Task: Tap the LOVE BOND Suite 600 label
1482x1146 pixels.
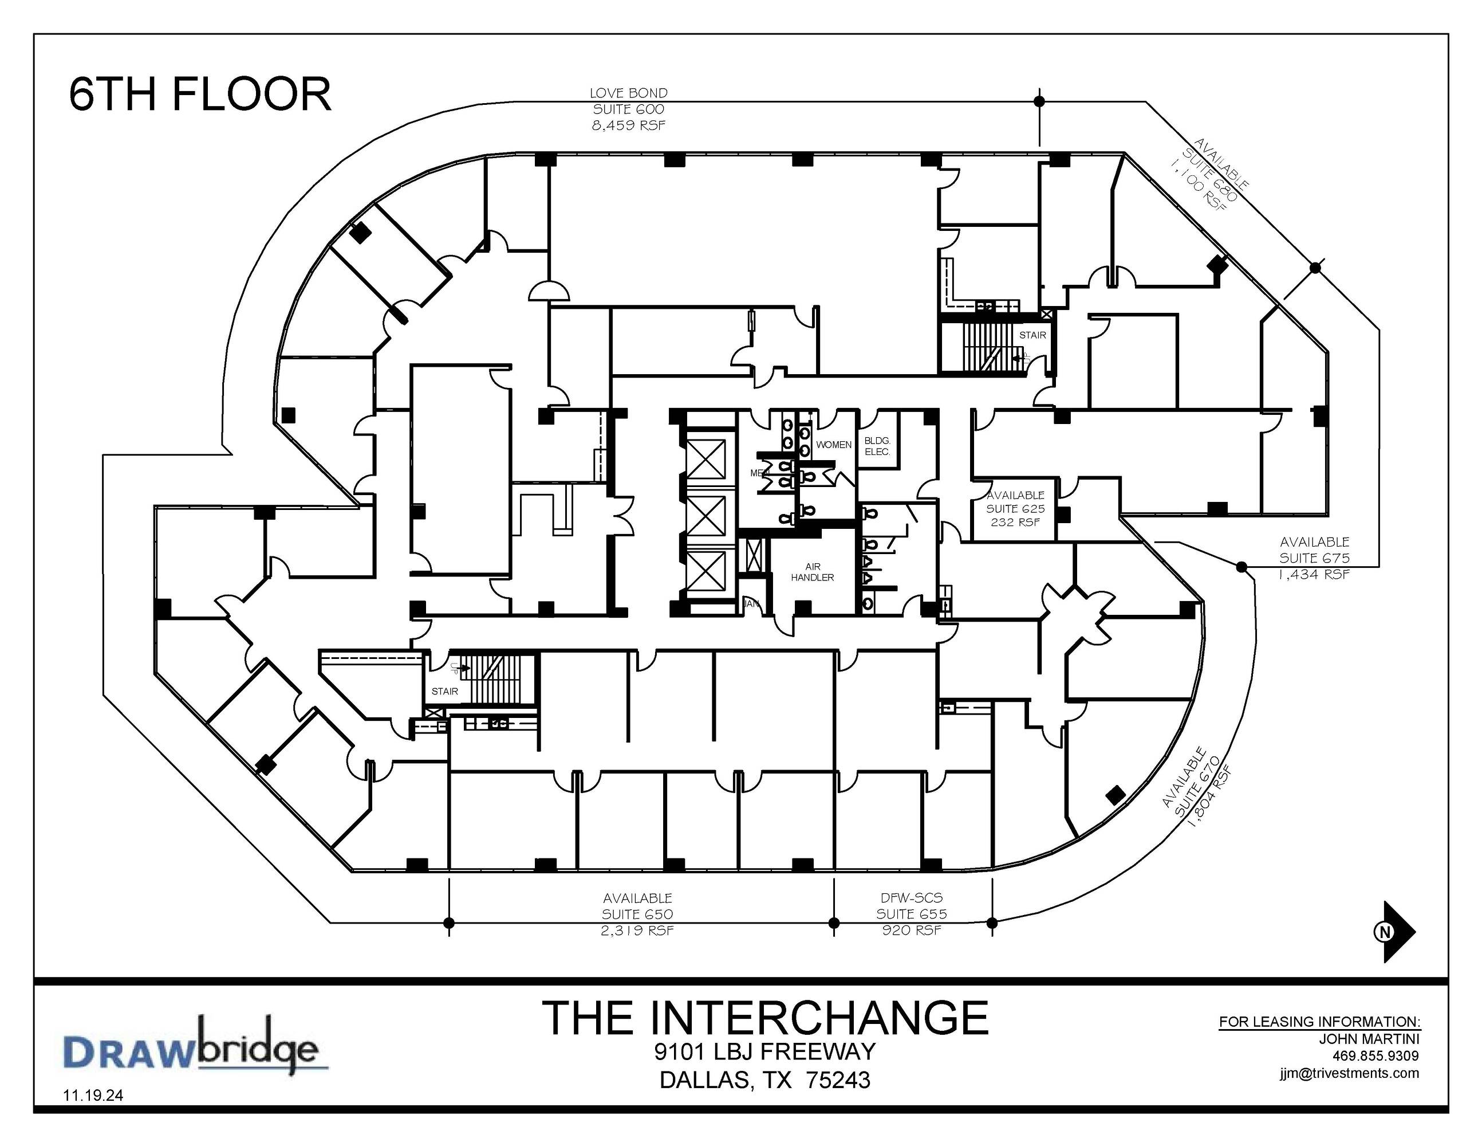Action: (628, 109)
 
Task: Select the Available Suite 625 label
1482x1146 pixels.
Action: (1015, 508)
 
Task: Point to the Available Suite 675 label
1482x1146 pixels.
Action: (1314, 558)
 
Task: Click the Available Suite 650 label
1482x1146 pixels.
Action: (637, 914)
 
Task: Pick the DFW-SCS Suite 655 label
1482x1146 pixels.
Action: (911, 914)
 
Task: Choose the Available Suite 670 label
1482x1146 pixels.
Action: (1196, 786)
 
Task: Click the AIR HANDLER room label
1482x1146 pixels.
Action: (812, 572)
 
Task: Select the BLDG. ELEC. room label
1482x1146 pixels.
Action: (877, 446)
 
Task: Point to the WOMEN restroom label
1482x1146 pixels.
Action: (833, 445)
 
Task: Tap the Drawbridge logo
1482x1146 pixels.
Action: (196, 1046)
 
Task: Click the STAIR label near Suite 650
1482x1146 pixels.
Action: (444, 691)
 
